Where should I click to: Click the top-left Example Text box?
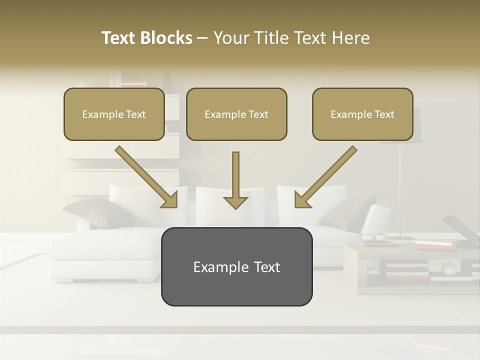tap(114, 114)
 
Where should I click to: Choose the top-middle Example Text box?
tap(236, 114)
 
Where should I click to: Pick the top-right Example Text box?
tap(362, 114)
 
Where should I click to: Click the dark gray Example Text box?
tap(236, 266)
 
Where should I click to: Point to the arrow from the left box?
tap(146, 177)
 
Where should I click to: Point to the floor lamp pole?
tap(400, 190)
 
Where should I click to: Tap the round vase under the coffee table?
tap(448, 268)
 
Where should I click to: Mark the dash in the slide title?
tap(202, 38)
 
